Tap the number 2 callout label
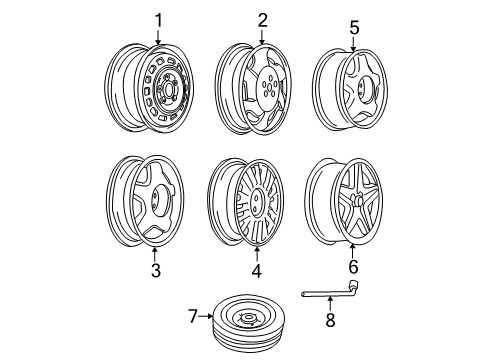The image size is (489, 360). point(263,19)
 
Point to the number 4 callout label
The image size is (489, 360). point(257,270)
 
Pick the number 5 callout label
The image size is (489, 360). point(353,27)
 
